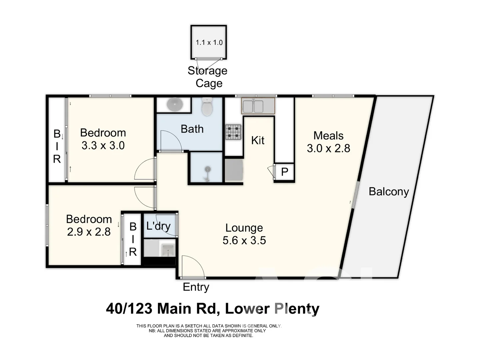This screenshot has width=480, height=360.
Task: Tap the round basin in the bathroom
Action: pos(174,105)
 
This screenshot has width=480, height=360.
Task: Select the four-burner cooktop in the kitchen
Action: pos(233,132)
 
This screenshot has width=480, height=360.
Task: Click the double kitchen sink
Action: pos(258,106)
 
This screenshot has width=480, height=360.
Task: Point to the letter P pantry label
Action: pos(284,172)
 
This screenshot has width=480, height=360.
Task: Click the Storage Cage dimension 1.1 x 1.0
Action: pos(209,42)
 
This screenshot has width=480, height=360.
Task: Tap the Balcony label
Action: pos(389,192)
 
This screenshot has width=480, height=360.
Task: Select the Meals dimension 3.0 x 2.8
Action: pos(328,148)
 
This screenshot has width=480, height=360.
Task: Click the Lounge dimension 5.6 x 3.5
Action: pos(244,240)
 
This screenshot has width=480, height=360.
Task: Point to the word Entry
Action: pos(196,287)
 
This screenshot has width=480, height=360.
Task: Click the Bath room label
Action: pos(192,129)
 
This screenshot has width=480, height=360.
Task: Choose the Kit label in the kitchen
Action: pos(258,140)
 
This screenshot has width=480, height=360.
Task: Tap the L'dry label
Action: pos(158,226)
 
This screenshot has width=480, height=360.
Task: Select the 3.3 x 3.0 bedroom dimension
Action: pos(103,146)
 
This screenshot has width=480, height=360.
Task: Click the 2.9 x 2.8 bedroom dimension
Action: pos(89,232)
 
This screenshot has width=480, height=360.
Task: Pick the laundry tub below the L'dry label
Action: pos(168,250)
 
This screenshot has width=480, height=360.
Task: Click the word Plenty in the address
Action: pos(297,309)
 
